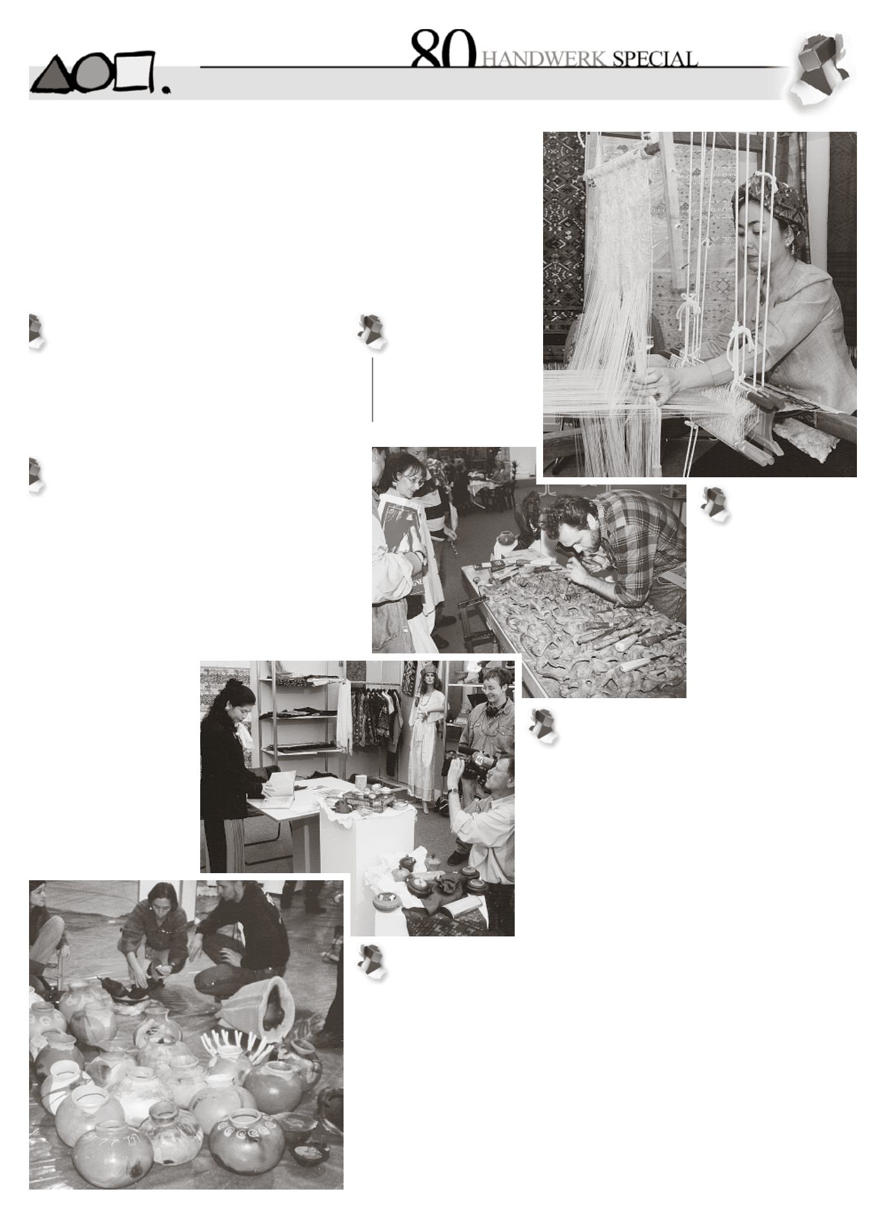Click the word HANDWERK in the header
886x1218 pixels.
545,59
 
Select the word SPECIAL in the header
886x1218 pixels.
655,59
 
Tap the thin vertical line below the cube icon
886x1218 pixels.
373,389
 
